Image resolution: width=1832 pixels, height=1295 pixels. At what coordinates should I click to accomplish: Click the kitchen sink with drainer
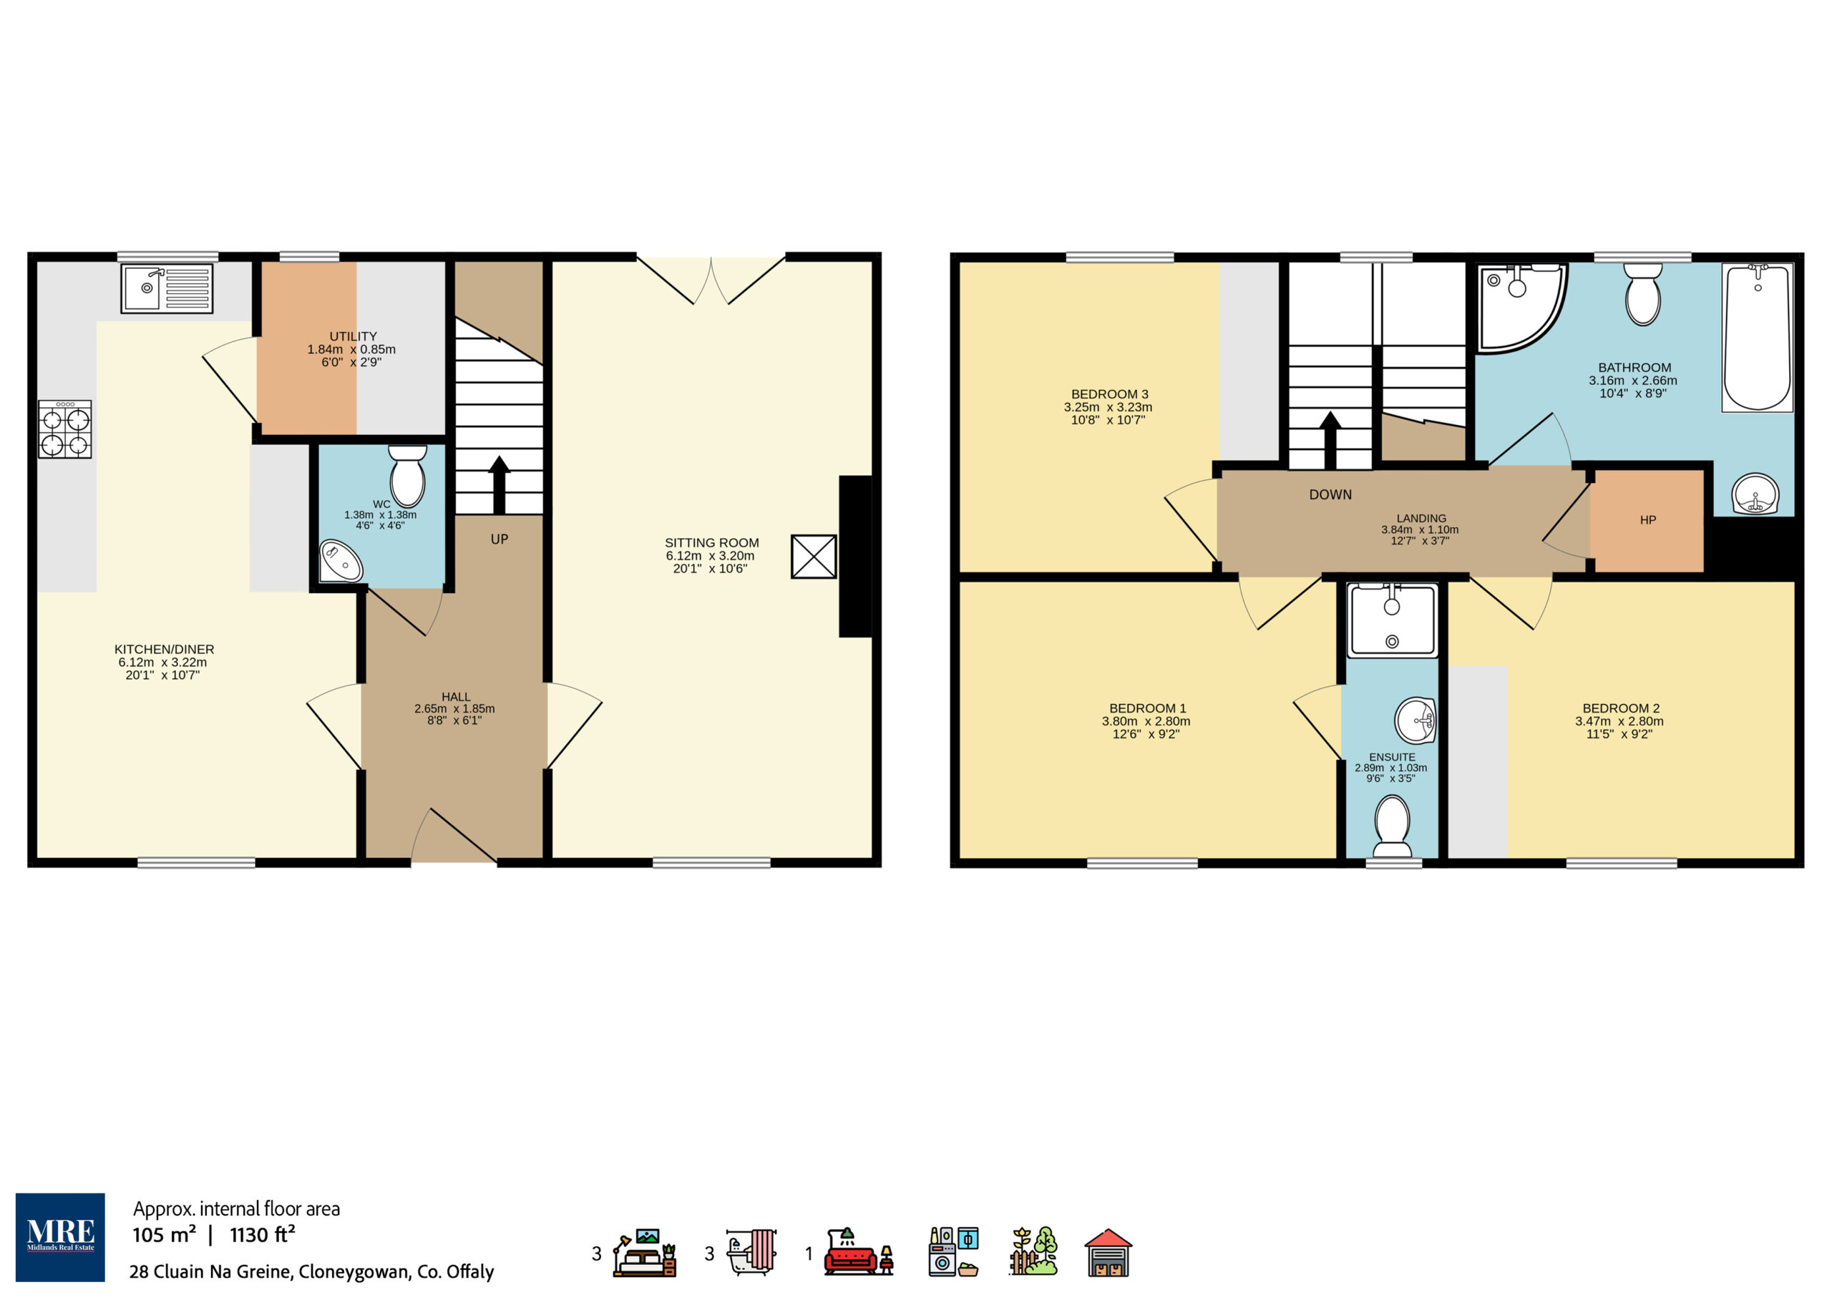167,289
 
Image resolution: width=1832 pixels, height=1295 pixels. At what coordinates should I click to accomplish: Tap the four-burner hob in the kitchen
64,429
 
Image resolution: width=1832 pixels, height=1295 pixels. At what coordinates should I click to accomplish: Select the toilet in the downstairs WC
408,476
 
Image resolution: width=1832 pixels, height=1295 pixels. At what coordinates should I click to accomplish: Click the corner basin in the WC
341,561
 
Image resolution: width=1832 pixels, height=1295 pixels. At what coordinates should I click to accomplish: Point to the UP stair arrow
500,484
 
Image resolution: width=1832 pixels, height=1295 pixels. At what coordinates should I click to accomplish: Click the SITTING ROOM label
712,542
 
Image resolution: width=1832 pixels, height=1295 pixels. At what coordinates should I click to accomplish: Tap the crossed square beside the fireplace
814,556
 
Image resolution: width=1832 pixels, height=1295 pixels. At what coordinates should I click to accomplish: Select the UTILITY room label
354,337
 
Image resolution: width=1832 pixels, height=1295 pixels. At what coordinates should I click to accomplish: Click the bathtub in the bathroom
1757,338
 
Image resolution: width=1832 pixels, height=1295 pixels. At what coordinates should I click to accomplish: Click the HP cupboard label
1647,520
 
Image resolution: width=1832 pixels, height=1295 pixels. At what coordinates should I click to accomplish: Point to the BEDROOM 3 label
1110,394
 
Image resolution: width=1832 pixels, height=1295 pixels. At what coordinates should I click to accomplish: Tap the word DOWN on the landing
1331,494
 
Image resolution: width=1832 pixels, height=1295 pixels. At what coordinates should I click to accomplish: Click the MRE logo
61,1237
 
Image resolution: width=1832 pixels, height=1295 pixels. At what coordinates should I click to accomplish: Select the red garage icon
1109,1252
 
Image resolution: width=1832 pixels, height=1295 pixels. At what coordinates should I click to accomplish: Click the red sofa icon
859,1252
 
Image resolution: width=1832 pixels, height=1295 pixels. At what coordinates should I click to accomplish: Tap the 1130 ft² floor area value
263,1235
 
